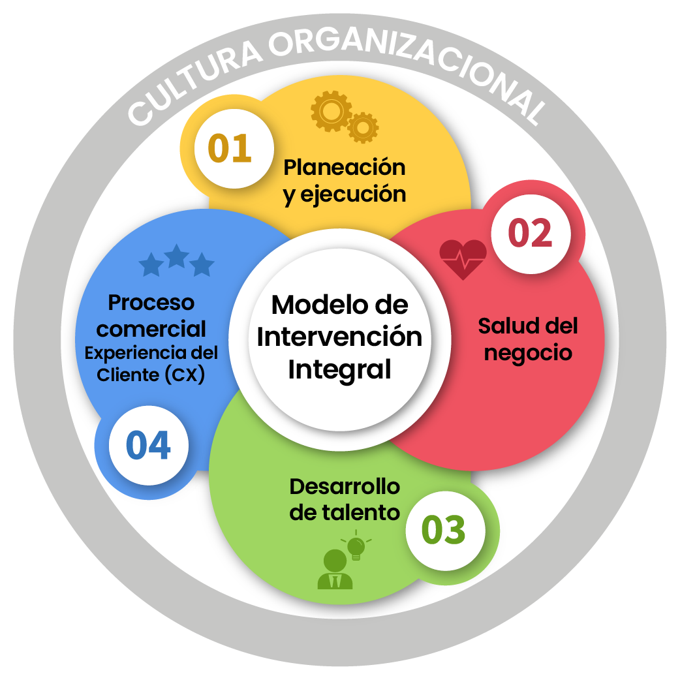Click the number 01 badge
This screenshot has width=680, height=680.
coord(230,148)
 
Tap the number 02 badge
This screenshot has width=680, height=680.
coord(530,234)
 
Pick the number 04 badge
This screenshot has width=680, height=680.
coord(149,446)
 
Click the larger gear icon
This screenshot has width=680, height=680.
coord(332,112)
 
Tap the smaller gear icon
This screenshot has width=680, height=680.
coord(363,127)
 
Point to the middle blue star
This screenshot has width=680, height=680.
coord(176,256)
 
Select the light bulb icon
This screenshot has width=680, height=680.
coord(356,547)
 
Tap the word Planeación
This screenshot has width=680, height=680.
coord(344,167)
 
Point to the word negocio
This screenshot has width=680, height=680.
coord(528,353)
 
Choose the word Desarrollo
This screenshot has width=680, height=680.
coord(345,486)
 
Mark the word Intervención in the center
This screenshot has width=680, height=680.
coord(339,337)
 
